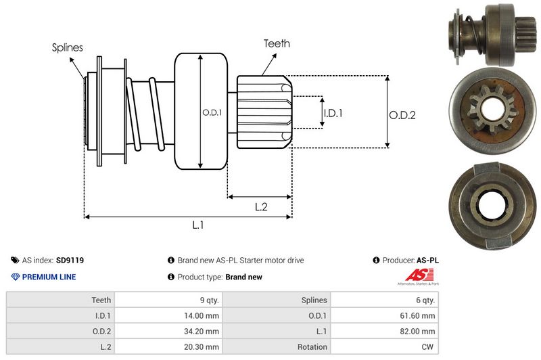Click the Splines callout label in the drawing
tap(68, 47)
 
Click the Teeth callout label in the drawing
tap(277, 43)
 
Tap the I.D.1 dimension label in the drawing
tap(333, 113)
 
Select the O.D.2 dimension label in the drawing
tap(402, 115)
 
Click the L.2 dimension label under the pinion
tap(262, 207)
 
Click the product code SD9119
tap(70, 260)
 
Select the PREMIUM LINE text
tap(49, 277)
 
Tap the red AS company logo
tap(414, 275)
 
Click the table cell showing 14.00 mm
tap(203, 315)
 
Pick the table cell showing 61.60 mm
tap(419, 315)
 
